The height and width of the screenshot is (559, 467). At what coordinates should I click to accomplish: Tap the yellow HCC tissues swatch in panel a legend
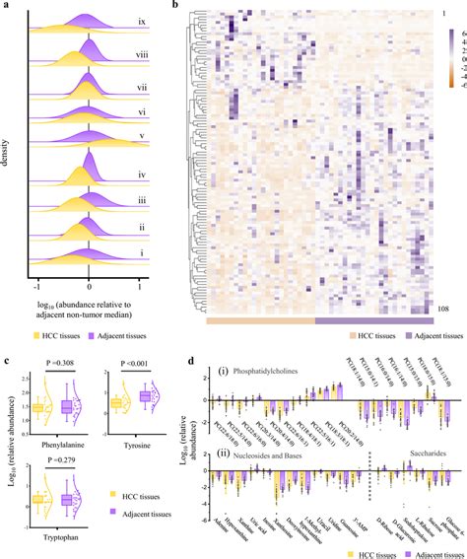[34, 326]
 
